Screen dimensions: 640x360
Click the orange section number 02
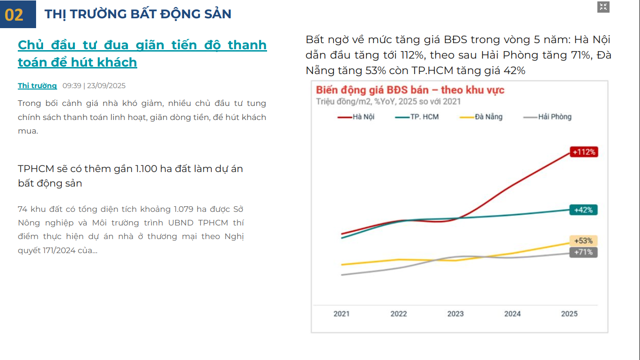point(14,15)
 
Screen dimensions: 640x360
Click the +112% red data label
point(584,152)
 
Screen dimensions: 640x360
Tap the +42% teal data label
point(583,210)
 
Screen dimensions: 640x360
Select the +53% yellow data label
point(583,241)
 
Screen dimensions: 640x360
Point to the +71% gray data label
point(583,252)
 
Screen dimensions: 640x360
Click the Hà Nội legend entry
point(356,117)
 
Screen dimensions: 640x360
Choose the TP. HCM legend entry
point(417,117)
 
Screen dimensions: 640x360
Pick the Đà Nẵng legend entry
point(481,117)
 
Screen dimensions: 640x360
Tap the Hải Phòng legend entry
point(547,117)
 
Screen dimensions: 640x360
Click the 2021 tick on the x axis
point(342,314)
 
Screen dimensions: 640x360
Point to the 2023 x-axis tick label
point(455,314)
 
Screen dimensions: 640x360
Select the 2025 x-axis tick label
point(569,314)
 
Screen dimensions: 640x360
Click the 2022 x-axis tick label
point(399,314)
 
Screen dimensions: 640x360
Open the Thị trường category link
point(37,86)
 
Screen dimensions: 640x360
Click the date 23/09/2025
point(106,86)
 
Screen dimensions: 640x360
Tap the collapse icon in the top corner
point(603,7)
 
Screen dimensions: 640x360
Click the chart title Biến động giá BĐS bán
point(372,90)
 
